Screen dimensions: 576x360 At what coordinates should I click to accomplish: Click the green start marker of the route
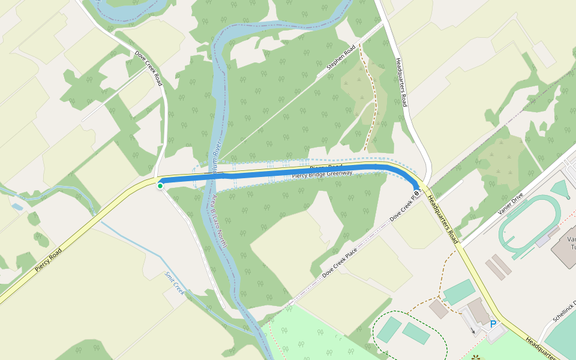[160, 186]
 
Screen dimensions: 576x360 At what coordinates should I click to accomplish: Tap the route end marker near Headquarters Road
[417, 192]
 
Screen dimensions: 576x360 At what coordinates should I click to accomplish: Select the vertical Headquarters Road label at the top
[403, 83]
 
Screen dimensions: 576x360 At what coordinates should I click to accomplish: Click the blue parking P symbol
[493, 325]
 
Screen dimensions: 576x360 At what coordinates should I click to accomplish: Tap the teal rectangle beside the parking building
[459, 292]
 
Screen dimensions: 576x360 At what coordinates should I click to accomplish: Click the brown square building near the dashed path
[439, 309]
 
